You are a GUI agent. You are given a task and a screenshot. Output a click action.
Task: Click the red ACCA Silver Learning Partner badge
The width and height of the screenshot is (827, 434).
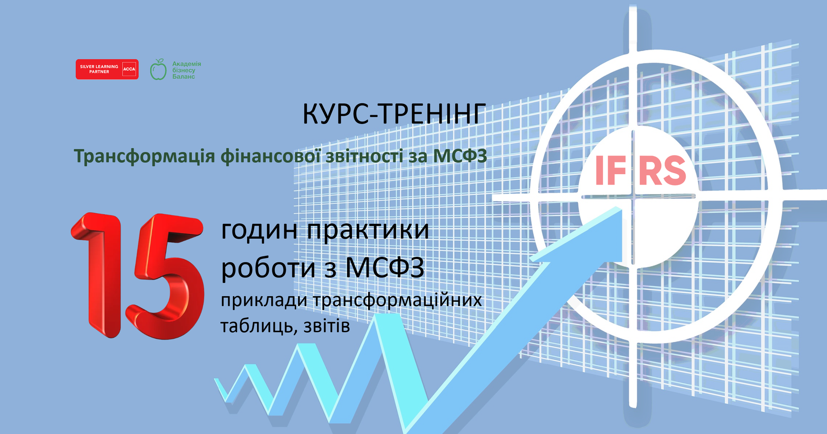pos(107,69)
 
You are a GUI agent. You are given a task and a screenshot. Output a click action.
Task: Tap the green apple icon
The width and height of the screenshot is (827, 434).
pos(158,70)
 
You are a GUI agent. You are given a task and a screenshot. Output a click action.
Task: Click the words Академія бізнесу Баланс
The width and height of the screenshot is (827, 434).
pos(186,70)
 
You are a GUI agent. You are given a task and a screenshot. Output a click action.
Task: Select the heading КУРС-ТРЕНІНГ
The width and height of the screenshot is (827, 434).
pos(394,114)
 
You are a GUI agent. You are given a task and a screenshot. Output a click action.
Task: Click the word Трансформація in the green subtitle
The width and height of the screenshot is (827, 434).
pos(144,156)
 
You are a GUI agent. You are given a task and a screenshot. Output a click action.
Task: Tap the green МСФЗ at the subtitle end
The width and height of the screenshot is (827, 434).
pos(460,156)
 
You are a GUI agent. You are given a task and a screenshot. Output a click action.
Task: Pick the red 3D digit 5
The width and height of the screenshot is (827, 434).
pos(165,276)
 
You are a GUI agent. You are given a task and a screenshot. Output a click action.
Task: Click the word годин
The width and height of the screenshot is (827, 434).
pos(259,230)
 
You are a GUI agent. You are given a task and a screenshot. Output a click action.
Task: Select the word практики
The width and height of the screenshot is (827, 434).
pos(368,230)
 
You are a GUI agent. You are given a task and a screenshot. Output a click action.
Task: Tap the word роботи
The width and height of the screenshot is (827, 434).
pos(268,268)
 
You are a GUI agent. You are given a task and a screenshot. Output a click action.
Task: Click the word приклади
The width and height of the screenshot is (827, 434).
pos(264,300)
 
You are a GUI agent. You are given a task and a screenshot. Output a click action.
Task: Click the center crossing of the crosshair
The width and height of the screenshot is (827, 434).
pos(633,197)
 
